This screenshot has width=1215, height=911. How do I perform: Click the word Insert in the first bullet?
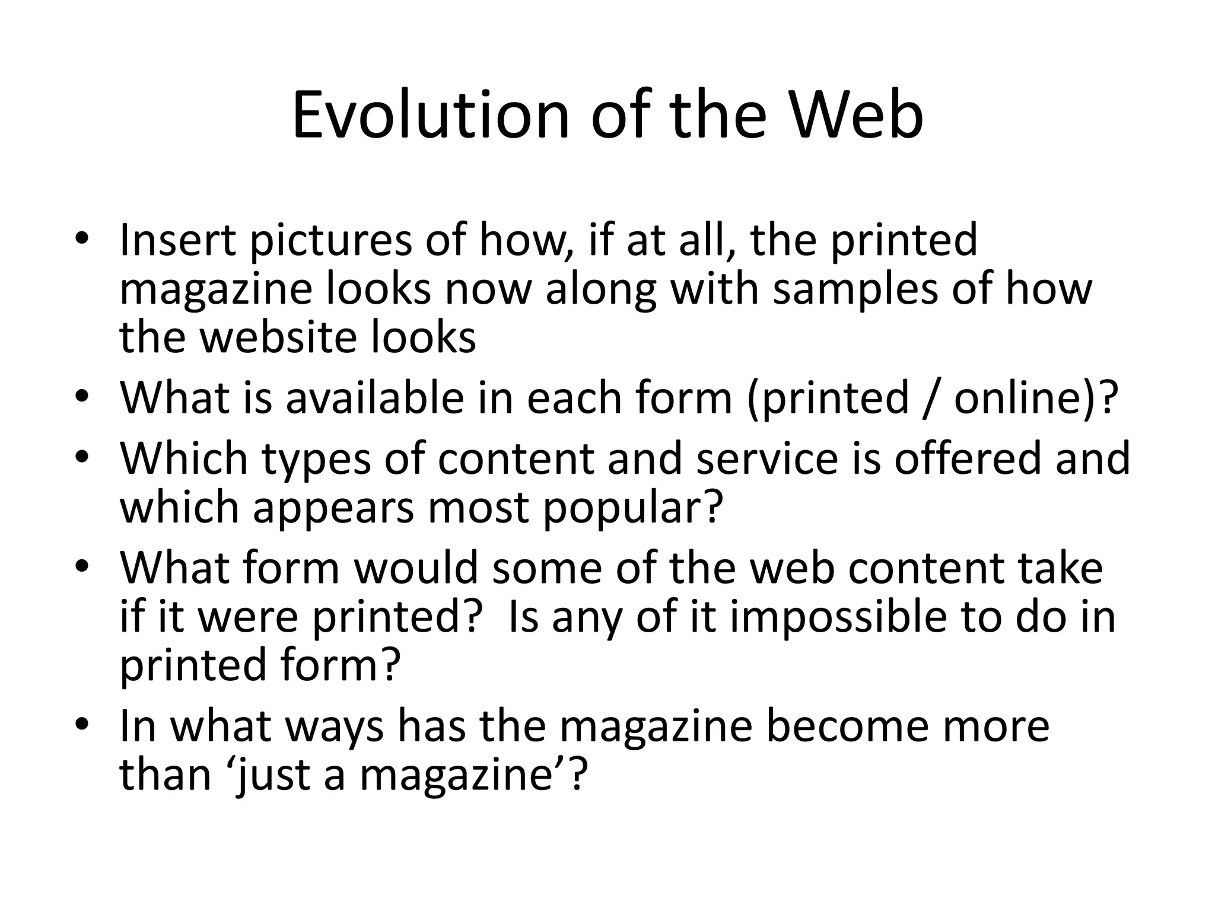(x=177, y=240)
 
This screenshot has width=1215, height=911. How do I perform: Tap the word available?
(x=374, y=397)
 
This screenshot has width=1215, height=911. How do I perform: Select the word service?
(x=766, y=458)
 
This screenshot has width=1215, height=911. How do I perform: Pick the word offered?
(x=968, y=458)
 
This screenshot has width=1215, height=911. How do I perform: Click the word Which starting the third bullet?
(x=184, y=458)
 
